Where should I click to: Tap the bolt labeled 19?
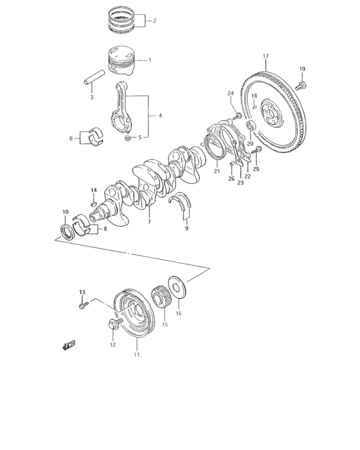point(301,84)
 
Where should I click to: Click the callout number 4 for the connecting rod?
point(161,116)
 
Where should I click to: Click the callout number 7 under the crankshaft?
point(148,222)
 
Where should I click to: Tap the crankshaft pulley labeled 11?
point(131,315)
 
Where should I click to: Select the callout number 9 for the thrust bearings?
point(187,228)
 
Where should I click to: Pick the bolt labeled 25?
point(258,151)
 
